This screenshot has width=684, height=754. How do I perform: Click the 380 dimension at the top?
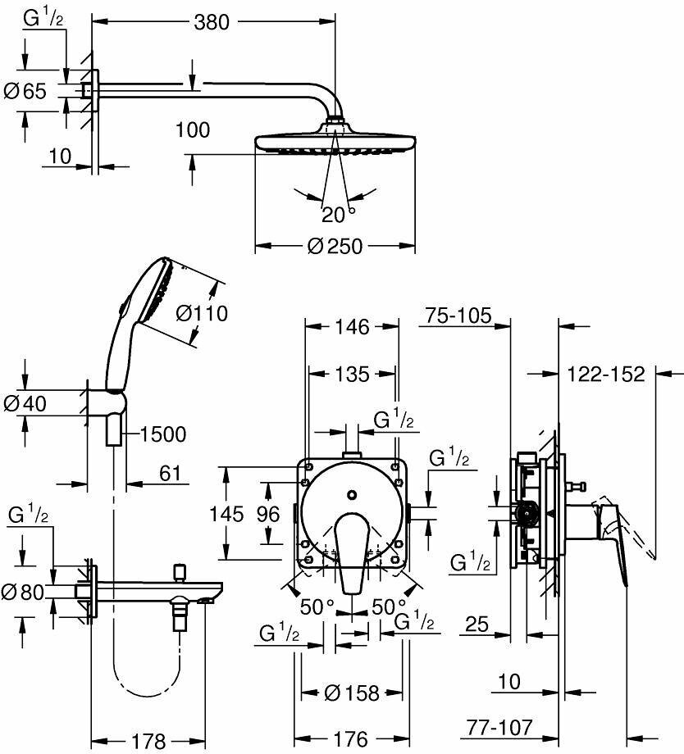[212, 22]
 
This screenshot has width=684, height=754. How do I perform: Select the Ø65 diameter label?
[25, 91]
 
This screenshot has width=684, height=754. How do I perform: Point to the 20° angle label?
[339, 215]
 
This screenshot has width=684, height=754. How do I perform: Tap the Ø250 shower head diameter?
[335, 246]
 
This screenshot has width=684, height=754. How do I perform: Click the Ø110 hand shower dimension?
[202, 314]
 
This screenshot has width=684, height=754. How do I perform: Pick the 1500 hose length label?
[163, 434]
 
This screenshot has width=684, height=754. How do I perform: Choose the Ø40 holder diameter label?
[25, 403]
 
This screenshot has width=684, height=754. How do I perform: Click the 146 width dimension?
[352, 327]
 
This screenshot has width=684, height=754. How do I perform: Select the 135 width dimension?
[352, 374]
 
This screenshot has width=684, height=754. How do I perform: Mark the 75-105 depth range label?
[458, 316]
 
